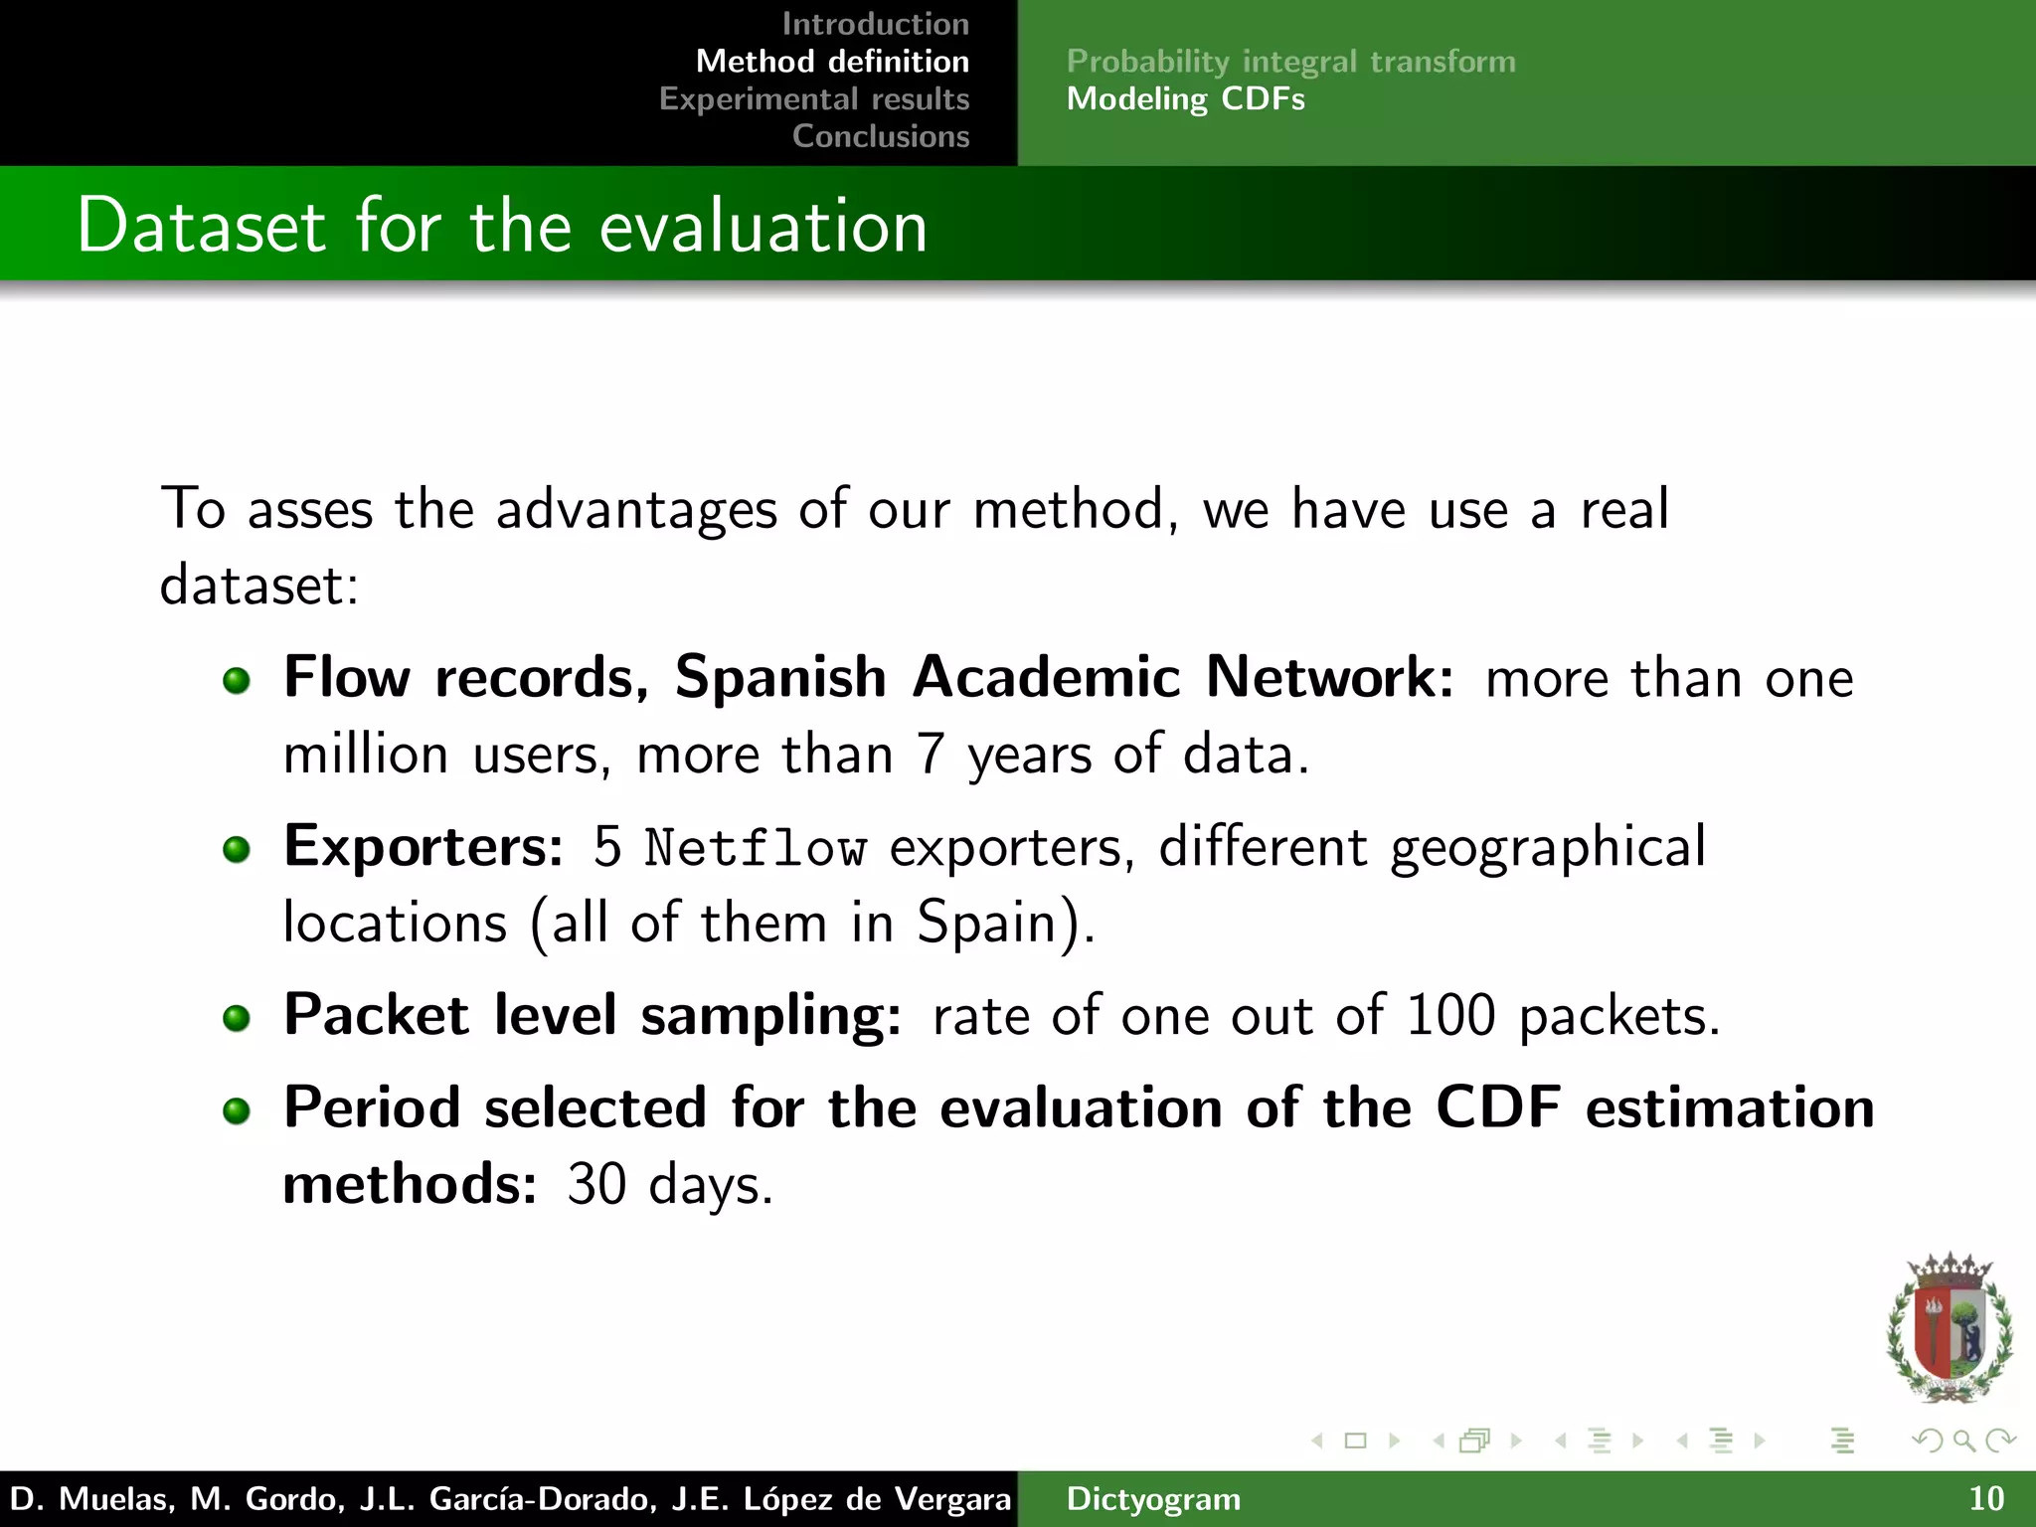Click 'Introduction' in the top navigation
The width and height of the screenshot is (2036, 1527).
tap(875, 24)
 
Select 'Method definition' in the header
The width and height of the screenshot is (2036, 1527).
tap(832, 62)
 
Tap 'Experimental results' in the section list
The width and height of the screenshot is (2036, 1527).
tap(814, 99)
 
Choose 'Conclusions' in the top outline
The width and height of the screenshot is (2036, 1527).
tap(881, 136)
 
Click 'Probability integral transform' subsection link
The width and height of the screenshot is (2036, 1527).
tap(1290, 62)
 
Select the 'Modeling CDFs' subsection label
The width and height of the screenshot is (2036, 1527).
tap(1185, 99)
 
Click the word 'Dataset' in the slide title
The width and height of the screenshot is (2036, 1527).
tap(201, 227)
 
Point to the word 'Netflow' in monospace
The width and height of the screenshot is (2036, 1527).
tap(755, 849)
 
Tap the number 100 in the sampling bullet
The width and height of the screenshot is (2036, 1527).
tap(1450, 1016)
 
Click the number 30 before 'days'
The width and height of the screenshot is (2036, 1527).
tap(596, 1185)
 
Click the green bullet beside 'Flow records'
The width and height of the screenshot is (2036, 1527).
tap(237, 681)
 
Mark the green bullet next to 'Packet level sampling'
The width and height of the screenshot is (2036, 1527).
tap(237, 1018)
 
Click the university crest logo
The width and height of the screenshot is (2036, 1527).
tap(1949, 1328)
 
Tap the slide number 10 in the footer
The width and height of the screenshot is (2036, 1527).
tap(1986, 1499)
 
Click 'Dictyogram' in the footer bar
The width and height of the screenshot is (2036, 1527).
tap(1153, 1499)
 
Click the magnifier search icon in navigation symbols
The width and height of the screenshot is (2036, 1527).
tap(1963, 1441)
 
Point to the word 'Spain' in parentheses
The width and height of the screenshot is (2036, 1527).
tap(984, 923)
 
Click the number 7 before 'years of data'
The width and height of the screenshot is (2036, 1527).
tap(930, 755)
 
